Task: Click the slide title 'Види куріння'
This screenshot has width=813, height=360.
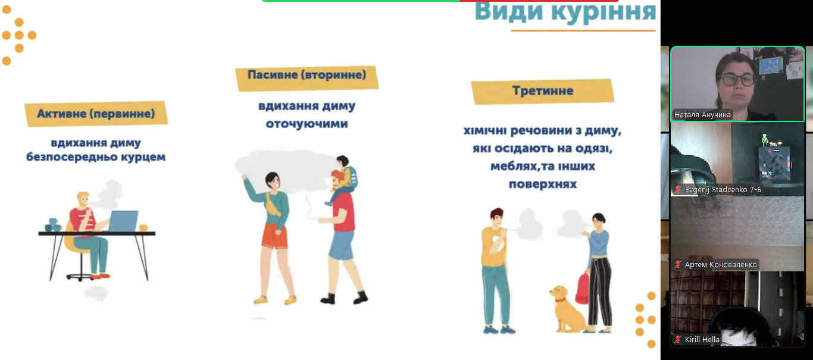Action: [x=565, y=12]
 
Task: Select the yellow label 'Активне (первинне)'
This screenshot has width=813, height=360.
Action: [x=96, y=114]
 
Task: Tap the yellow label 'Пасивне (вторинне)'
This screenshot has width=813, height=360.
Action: [x=307, y=77]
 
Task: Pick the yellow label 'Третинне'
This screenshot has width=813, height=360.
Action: [x=543, y=91]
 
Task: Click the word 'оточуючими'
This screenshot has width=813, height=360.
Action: [x=307, y=124]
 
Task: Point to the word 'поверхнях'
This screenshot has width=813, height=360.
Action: [x=543, y=184]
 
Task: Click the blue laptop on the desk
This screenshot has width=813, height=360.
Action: [x=123, y=221]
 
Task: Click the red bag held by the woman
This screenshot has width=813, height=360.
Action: [x=583, y=288]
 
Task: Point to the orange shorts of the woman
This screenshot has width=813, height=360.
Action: [x=275, y=235]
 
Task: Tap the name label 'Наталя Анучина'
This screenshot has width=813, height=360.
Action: [x=702, y=115]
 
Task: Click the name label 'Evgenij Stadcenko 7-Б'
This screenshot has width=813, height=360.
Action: [x=723, y=189]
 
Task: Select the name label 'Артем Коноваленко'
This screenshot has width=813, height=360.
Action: [x=720, y=265]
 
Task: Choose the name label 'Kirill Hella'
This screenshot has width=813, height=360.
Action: [x=702, y=340]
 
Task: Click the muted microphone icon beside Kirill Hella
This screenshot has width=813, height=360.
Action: [x=678, y=340]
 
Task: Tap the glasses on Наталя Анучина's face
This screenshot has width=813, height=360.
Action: [x=737, y=80]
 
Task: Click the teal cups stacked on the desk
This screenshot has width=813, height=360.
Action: [x=54, y=225]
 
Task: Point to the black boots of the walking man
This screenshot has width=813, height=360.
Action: [x=344, y=297]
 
